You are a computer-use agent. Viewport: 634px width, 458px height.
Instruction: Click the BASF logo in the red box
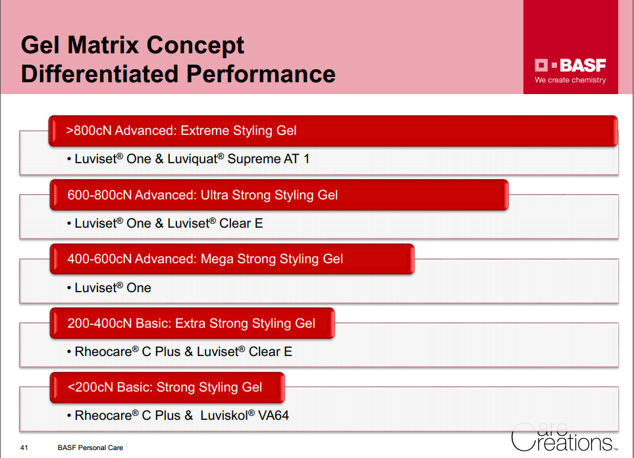coord(570,65)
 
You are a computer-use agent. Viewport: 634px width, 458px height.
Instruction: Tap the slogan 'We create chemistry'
coord(570,80)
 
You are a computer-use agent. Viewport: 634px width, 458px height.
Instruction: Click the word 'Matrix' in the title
coord(103,45)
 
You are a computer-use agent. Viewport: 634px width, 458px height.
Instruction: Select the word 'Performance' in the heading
coord(261,74)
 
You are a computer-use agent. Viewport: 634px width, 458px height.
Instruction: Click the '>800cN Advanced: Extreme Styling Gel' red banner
coord(333,130)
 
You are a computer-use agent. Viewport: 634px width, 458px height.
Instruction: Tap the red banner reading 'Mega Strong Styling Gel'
coord(232,259)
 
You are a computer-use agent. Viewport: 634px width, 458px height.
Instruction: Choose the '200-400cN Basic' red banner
coord(192,323)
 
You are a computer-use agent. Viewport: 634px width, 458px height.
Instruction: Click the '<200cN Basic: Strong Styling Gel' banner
coord(167,387)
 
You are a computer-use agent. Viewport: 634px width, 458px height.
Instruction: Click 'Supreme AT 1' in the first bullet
coord(269,159)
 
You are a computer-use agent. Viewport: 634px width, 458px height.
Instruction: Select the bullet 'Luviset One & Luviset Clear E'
coord(165,223)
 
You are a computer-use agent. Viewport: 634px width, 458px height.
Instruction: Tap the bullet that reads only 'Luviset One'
coord(109,288)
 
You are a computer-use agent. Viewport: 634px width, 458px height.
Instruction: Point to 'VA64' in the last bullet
coord(273,415)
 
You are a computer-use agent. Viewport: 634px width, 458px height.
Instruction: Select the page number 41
coord(24,447)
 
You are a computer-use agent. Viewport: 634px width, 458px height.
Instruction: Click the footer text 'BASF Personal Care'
coord(90,447)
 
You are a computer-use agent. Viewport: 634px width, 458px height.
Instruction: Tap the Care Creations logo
coord(564,437)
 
